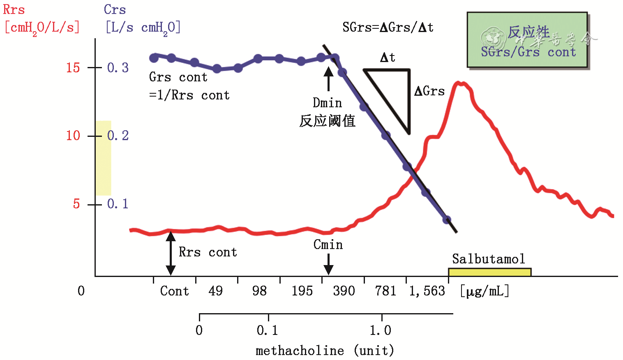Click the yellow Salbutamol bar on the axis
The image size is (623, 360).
(x=489, y=272)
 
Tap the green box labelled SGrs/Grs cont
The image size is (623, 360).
(x=527, y=40)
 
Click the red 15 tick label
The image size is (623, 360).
(x=73, y=67)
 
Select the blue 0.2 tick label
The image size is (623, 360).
(x=118, y=136)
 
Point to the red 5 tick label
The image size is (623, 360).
(x=76, y=204)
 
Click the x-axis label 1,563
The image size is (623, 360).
(x=427, y=291)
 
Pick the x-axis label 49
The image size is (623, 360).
(x=215, y=291)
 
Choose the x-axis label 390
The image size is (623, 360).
(x=344, y=291)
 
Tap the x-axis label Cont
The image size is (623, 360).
(x=174, y=291)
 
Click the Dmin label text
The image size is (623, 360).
(x=327, y=102)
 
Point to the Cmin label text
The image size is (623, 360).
(x=328, y=245)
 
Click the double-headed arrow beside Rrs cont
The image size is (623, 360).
(x=171, y=253)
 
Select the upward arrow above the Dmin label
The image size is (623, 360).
(x=328, y=78)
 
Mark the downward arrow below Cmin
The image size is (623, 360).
(x=328, y=264)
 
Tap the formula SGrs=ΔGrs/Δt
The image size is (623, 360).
(x=388, y=28)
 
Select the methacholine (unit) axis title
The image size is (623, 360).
(x=325, y=351)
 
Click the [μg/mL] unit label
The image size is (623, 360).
(x=485, y=291)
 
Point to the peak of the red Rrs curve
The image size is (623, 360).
(x=459, y=83)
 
